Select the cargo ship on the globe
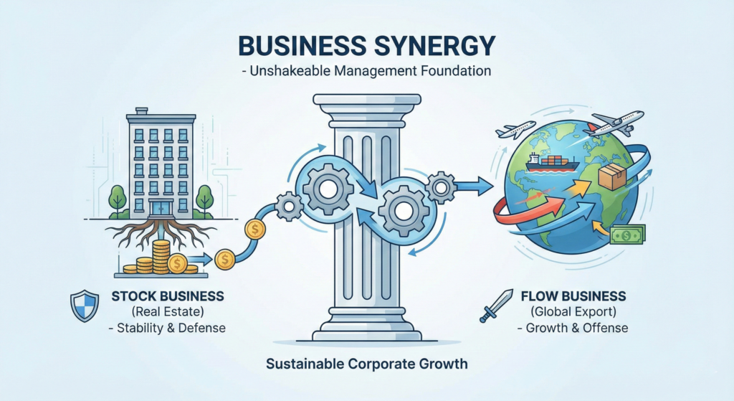(x=547, y=161)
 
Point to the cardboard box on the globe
(x=612, y=175)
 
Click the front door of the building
(x=162, y=209)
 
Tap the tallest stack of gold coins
(x=161, y=255)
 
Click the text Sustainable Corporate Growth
(x=366, y=364)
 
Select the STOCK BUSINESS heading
(x=167, y=296)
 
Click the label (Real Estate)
(x=166, y=312)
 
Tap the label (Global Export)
(x=573, y=312)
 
